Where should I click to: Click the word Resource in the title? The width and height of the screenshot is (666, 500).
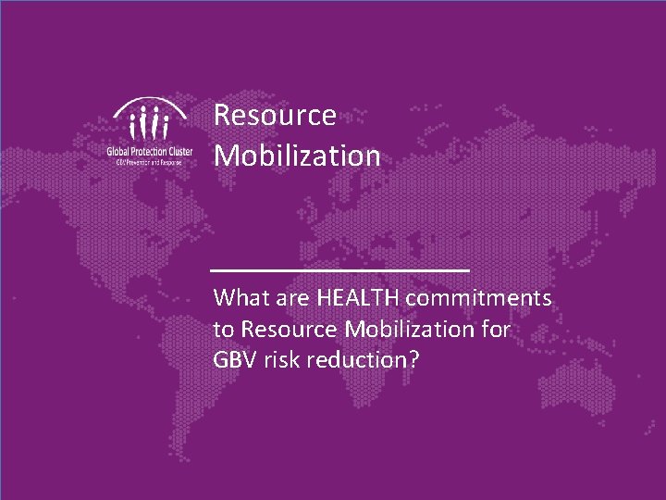tap(275, 116)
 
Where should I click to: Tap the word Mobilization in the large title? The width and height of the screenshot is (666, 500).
tap(297, 156)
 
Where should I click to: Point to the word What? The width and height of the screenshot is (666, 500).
tap(241, 299)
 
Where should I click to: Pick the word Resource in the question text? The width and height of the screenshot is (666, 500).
tap(289, 330)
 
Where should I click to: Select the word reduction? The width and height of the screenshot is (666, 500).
tap(356, 360)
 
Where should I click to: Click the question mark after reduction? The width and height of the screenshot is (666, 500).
tap(413, 360)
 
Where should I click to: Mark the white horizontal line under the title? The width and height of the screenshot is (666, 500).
tap(340, 269)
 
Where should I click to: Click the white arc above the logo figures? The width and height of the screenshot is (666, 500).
tap(149, 105)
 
